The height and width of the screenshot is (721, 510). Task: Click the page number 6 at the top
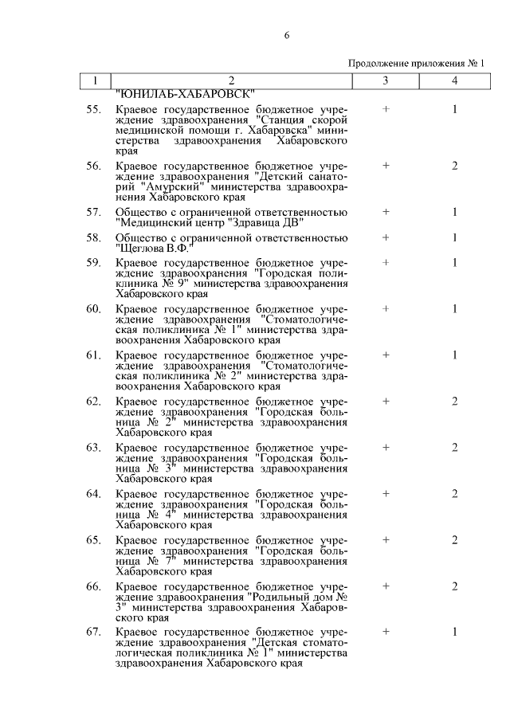[286, 35]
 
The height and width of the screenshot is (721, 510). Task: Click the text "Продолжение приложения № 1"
[417, 64]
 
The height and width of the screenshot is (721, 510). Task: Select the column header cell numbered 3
[386, 80]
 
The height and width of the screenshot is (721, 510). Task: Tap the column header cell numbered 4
[454, 80]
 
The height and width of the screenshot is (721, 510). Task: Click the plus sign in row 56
[386, 166]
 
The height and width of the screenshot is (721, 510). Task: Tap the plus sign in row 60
[386, 308]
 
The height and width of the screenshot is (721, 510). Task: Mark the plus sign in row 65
[386, 540]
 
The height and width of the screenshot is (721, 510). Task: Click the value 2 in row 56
[454, 166]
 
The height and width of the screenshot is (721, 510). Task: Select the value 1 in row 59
[454, 262]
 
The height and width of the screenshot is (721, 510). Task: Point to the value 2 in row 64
[454, 494]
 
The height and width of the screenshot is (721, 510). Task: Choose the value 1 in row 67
[454, 633]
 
